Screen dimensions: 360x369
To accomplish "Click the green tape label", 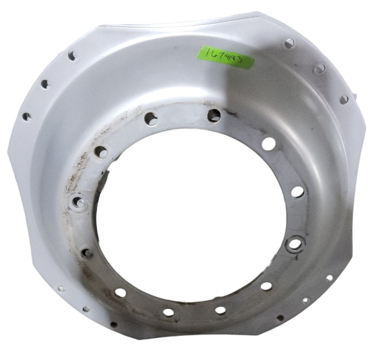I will point(225,57).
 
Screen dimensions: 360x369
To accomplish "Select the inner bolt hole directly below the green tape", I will point(213,115).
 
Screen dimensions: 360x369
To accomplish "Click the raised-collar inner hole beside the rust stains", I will point(79,202).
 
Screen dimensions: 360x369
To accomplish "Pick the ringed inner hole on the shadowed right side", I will point(294,244).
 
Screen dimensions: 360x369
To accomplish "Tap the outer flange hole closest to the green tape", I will point(289,43).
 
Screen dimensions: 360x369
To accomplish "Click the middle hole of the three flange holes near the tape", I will point(320,68).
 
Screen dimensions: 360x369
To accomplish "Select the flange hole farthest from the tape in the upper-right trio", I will point(344,100).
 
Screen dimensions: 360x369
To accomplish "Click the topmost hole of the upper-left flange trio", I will point(71,56).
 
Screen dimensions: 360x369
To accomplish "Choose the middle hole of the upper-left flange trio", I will point(45,84).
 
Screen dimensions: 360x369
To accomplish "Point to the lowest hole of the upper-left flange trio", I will point(26,117).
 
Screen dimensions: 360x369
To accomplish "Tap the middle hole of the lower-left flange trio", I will point(86,309).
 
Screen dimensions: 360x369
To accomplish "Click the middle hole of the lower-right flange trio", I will point(306,300).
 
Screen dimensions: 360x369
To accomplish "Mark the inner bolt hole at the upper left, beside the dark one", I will point(150,118).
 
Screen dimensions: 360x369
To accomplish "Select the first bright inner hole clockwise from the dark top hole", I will point(269,144).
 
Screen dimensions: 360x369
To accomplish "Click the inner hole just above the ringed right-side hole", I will point(297,192).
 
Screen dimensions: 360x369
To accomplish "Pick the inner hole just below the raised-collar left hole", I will point(86,253).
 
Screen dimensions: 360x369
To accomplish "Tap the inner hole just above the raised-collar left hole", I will point(101,152).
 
